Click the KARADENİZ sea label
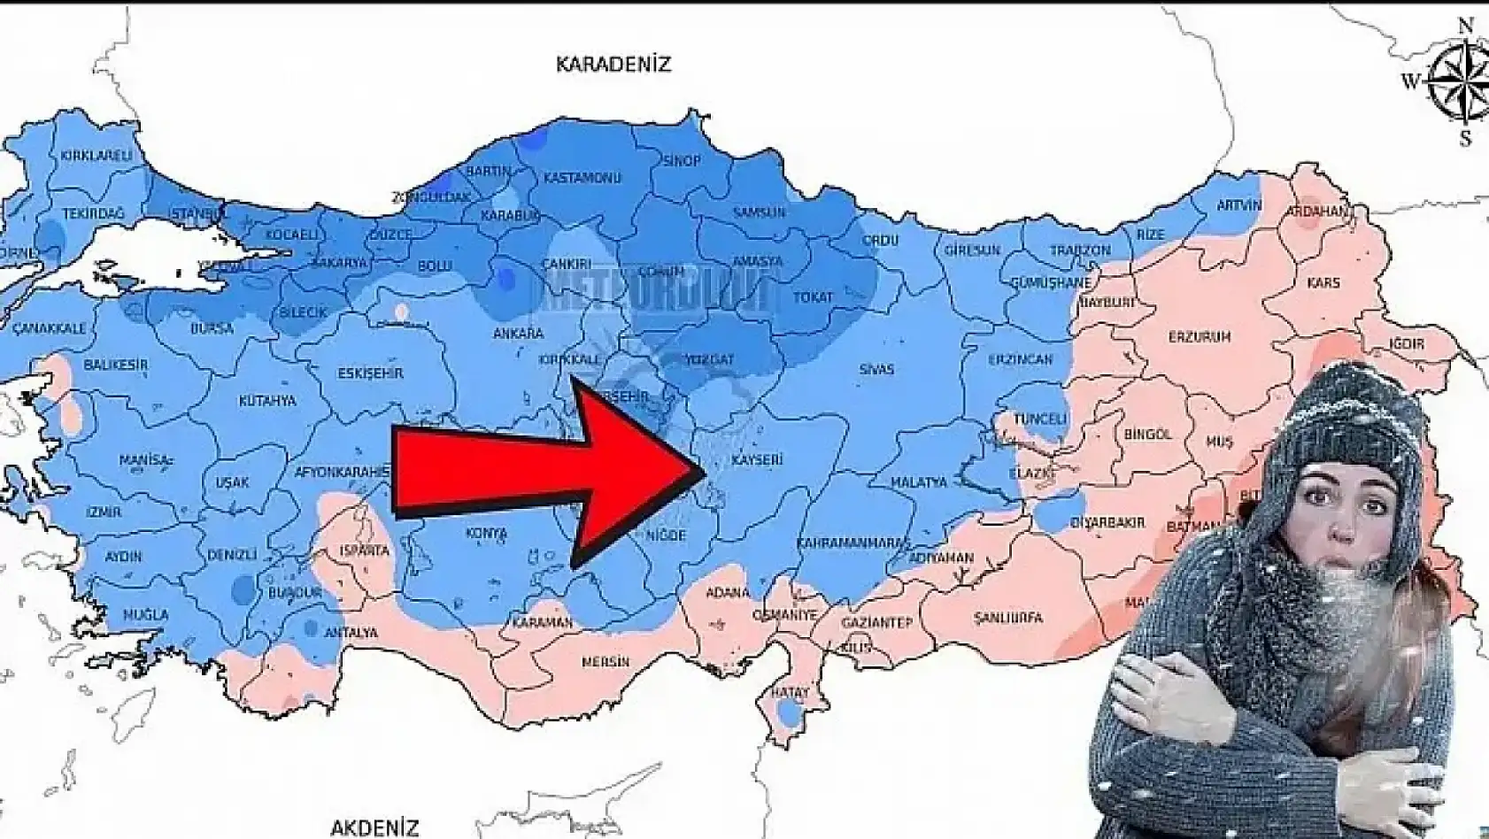[613, 65]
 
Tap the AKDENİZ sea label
[374, 827]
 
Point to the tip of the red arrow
[703, 468]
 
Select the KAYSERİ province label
[758, 460]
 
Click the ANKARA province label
[519, 334]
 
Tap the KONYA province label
[486, 534]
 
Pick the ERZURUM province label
[1200, 337]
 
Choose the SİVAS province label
[876, 369]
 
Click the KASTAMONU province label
[582, 178]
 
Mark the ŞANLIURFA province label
[1007, 618]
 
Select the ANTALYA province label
[351, 633]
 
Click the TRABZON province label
[1080, 250]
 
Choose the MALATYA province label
[920, 482]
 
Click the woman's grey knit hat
[1351, 420]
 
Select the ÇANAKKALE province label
[50, 327]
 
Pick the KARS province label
[1323, 283]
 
